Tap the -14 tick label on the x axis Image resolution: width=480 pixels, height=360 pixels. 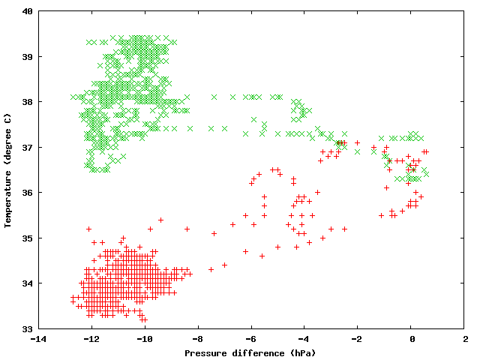36,339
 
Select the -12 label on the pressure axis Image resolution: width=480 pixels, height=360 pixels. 89,339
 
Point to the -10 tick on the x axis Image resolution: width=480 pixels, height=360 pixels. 142,339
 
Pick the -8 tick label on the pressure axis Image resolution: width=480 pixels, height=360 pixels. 196,339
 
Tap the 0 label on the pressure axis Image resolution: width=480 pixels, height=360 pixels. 411,339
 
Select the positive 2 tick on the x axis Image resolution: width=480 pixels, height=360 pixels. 464,339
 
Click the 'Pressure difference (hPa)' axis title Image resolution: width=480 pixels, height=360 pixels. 250,352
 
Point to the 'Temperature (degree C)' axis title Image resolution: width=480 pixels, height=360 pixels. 7,169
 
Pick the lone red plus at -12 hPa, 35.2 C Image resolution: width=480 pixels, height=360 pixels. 88,229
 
